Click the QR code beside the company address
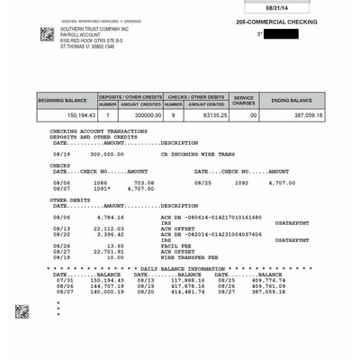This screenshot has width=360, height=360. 48,34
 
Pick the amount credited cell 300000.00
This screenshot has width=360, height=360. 139,115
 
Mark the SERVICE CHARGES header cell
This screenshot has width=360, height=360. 244,101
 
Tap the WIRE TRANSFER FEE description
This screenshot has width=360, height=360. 190,256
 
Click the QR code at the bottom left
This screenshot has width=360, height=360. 22,311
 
